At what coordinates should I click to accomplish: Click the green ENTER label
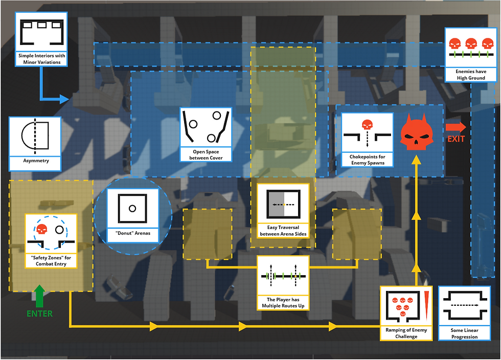point(40,313)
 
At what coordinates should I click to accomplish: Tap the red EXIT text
point(456,139)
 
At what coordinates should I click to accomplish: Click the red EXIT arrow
point(456,127)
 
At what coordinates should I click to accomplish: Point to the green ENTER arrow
point(39,296)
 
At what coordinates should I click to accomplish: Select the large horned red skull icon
point(416,131)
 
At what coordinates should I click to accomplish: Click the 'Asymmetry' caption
point(36,161)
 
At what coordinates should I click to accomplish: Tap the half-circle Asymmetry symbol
point(35,136)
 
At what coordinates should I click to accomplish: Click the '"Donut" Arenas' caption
point(133,233)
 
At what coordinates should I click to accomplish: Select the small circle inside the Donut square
point(132,209)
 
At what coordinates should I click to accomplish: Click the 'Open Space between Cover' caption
point(206,155)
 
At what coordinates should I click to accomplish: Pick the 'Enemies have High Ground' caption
point(471,75)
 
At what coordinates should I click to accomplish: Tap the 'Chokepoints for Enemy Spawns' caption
point(368,160)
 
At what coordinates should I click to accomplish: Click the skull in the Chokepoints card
point(367,125)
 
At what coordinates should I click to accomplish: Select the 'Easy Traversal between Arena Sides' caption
point(283,231)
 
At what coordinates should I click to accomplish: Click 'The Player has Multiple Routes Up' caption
point(283,302)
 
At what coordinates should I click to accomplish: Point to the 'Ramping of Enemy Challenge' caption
point(406,333)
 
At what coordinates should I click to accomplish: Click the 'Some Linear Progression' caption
point(464,333)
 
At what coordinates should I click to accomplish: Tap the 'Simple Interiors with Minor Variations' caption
point(41,59)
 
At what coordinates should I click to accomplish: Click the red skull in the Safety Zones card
point(41,229)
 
